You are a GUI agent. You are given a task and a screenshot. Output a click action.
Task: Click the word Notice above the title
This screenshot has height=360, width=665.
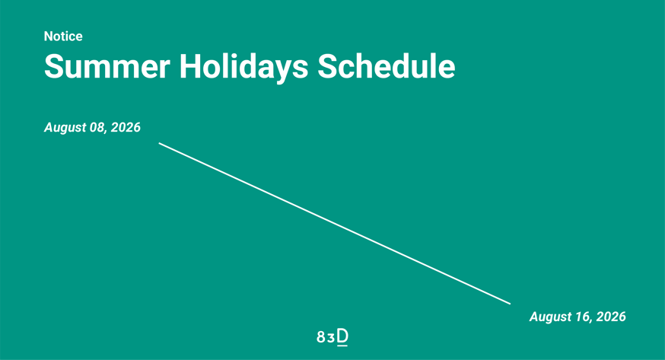(x=63, y=37)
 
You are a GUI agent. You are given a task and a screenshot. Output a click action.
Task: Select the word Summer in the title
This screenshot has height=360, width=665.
(x=107, y=66)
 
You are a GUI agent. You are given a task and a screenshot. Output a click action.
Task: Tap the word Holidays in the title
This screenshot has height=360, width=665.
(x=244, y=68)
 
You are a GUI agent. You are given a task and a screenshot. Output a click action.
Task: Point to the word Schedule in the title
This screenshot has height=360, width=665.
(x=387, y=66)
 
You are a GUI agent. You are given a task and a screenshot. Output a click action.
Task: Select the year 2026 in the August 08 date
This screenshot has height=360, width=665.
(x=126, y=127)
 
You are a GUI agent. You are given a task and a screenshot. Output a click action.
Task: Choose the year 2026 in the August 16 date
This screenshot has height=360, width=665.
(x=611, y=317)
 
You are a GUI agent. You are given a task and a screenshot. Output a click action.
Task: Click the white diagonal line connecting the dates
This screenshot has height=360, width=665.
(x=335, y=224)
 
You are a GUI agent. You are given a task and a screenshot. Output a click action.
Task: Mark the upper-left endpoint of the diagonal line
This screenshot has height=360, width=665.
(x=159, y=143)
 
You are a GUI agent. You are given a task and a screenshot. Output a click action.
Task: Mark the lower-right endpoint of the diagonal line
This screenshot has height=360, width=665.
(x=511, y=304)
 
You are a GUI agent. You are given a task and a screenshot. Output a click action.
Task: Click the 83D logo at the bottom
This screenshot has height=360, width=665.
(x=332, y=337)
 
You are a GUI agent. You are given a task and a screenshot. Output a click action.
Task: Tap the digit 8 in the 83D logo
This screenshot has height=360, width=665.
(x=320, y=337)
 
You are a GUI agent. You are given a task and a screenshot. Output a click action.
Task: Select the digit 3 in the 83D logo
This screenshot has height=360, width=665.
(x=331, y=339)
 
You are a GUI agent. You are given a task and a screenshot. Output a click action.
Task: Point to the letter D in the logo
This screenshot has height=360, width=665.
(x=342, y=336)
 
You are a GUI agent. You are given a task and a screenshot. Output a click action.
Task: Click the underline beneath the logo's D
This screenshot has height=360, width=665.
(x=342, y=346)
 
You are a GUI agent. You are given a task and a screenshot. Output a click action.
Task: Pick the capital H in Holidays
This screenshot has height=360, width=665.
(x=190, y=66)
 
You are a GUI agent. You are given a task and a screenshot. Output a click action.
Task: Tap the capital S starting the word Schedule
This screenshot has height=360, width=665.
(x=327, y=66)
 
